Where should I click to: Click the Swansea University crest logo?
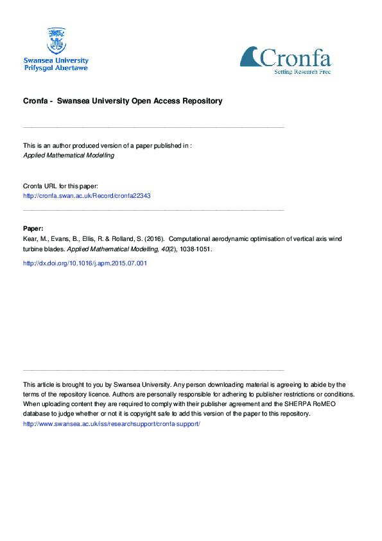56,40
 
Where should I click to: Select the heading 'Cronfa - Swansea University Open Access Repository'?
123,101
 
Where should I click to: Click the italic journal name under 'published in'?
69,155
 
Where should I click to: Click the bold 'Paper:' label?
33,228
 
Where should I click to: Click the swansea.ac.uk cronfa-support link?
112,424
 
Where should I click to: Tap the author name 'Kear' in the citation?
30,239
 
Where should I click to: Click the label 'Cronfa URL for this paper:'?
60,185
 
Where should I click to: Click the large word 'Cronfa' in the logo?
295,58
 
